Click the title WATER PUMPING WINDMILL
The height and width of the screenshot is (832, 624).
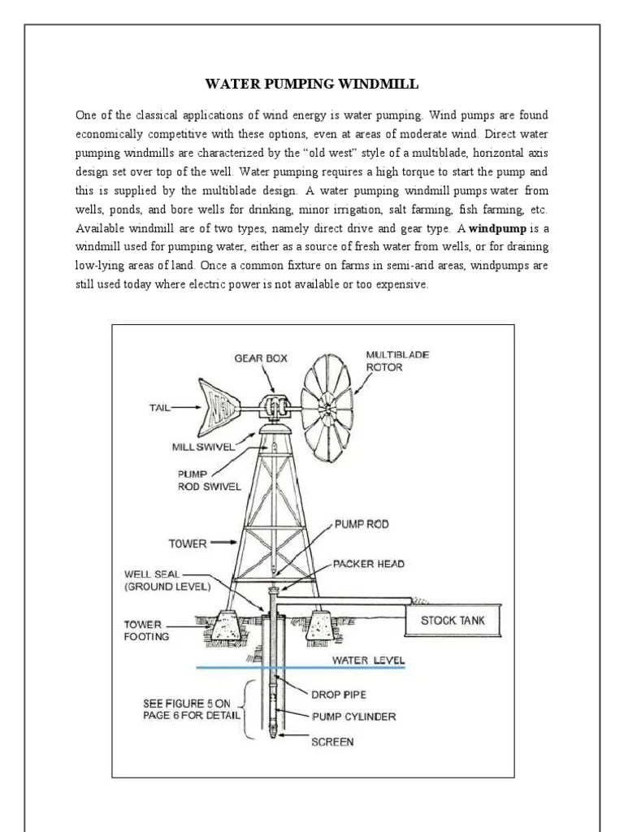click(x=311, y=84)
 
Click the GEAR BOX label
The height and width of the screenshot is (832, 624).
click(x=261, y=357)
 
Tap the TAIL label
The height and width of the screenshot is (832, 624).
click(x=158, y=408)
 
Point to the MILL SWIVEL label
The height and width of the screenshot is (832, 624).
click(x=203, y=446)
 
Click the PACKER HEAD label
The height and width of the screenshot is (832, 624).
click(x=368, y=562)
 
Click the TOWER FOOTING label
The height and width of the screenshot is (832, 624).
click(x=146, y=630)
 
